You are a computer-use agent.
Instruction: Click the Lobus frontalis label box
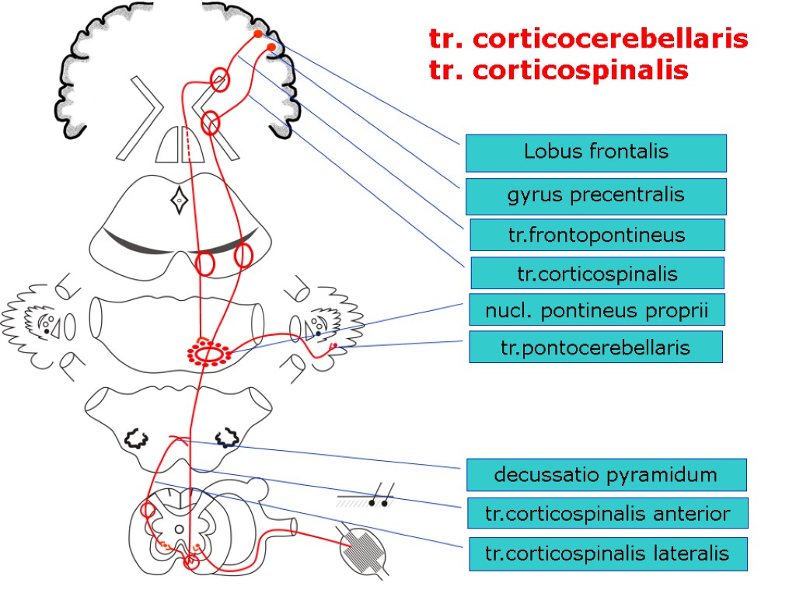click(x=595, y=152)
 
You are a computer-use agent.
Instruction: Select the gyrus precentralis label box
click(x=595, y=196)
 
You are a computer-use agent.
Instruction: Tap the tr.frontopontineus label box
click(x=597, y=235)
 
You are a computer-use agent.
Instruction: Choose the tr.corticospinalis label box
click(x=597, y=274)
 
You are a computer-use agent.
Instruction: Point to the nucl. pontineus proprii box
click(x=597, y=309)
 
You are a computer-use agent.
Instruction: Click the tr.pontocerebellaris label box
click(x=595, y=347)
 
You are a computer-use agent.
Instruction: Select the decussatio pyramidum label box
click(x=606, y=474)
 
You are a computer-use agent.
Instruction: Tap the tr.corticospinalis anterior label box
click(x=606, y=514)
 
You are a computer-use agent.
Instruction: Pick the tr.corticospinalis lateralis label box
click(x=606, y=553)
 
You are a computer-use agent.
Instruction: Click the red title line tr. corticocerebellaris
click(x=588, y=39)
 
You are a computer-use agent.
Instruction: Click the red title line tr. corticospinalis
click(x=558, y=71)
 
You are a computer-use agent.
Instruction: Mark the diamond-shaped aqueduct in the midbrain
click(x=179, y=200)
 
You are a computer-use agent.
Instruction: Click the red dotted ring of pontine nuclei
click(x=208, y=354)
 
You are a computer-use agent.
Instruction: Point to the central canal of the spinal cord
click(x=179, y=530)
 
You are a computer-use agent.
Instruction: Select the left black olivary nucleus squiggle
click(x=137, y=438)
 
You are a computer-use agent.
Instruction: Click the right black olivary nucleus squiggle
click(x=226, y=438)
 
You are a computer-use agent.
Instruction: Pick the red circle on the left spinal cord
click(x=148, y=511)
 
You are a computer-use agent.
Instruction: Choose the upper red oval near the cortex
click(x=220, y=79)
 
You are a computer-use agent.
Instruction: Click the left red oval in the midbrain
click(x=204, y=264)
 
